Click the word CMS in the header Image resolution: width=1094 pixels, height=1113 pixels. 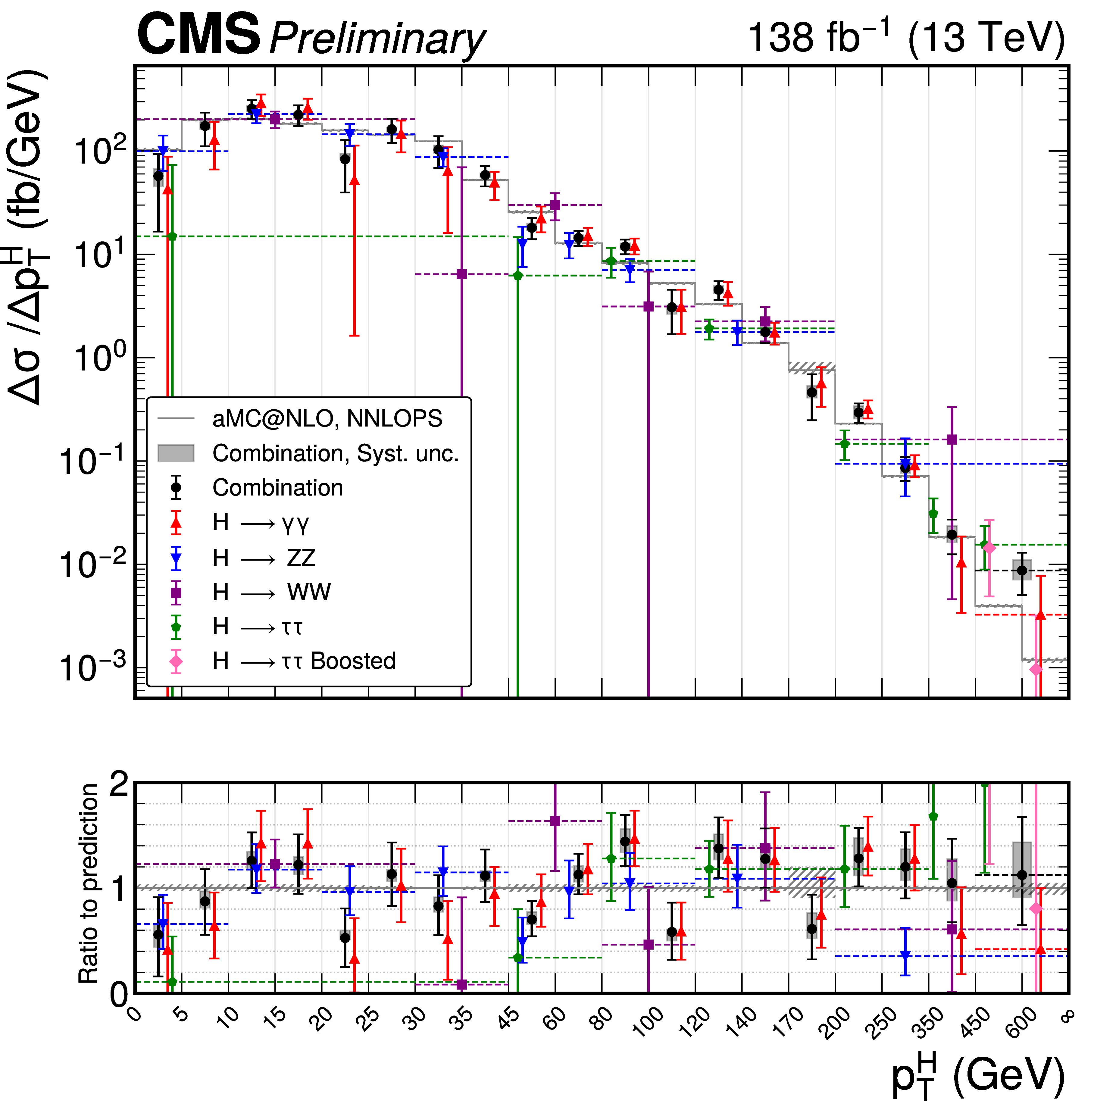click(198, 36)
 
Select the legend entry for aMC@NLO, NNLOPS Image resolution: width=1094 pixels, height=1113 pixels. click(327, 418)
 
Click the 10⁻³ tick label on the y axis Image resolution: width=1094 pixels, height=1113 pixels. click(92, 667)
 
